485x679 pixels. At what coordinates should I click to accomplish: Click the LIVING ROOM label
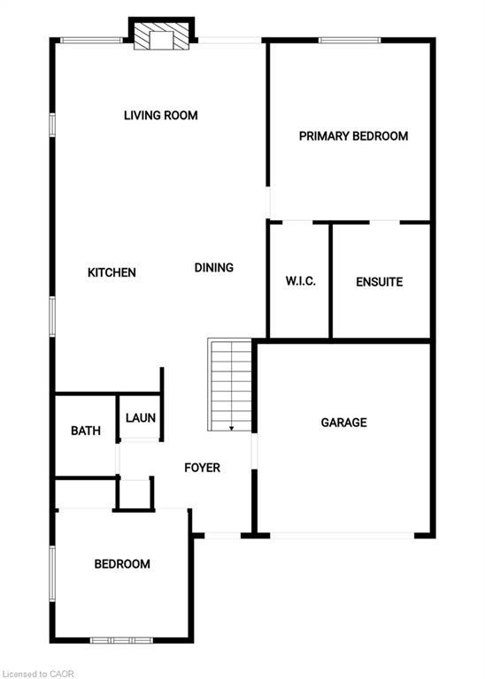click(160, 115)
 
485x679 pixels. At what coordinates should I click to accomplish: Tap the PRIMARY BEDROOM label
click(353, 136)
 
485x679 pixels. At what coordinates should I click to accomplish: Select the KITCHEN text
click(112, 272)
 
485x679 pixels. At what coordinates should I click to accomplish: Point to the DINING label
click(214, 267)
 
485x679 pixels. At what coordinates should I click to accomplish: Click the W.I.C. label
click(300, 282)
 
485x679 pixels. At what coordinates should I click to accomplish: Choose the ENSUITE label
click(379, 282)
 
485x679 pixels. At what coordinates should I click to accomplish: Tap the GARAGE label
click(343, 423)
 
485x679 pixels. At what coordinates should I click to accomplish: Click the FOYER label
click(202, 467)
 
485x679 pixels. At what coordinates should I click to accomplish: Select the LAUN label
click(140, 418)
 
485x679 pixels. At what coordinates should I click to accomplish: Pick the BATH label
click(86, 431)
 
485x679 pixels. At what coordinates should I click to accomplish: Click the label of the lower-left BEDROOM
click(122, 564)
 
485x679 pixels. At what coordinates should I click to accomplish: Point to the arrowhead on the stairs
click(232, 428)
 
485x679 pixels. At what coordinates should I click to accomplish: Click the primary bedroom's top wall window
click(350, 39)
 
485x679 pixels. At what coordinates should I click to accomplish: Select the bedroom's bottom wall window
click(122, 639)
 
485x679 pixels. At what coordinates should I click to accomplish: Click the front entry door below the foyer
click(223, 534)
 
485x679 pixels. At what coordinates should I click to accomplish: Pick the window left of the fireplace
click(92, 39)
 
